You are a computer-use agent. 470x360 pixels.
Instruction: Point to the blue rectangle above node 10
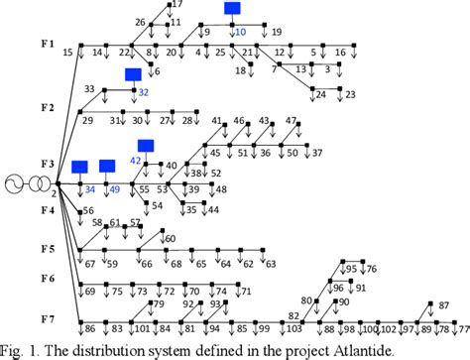point(232,9)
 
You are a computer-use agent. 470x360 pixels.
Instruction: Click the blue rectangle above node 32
point(133,74)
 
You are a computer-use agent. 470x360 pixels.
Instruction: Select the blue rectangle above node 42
point(146,146)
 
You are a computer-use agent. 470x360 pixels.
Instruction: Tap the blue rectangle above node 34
point(80,166)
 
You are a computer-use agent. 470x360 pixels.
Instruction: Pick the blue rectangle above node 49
point(107,166)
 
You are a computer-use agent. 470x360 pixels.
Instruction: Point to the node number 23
point(350,95)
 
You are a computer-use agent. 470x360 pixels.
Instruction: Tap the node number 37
point(317,154)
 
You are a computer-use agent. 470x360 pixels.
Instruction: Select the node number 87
point(429,306)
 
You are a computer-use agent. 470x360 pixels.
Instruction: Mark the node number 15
point(67,52)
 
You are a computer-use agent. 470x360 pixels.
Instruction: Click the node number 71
point(246,292)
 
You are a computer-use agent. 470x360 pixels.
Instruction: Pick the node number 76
point(371,270)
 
